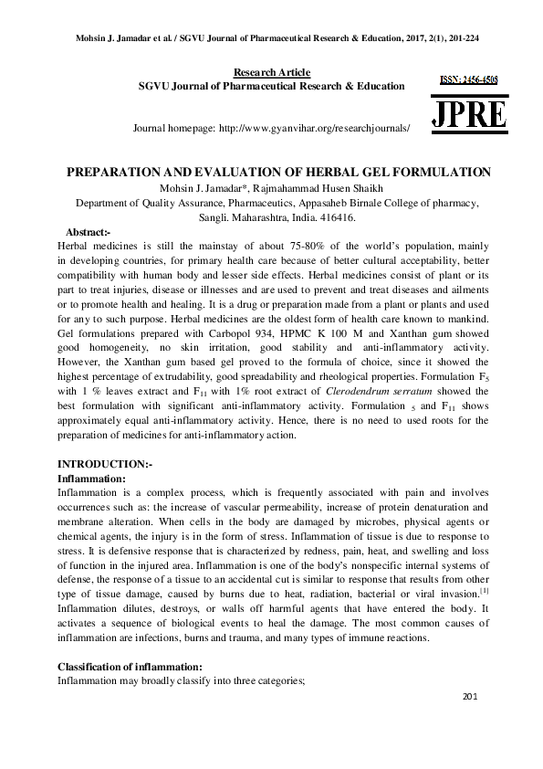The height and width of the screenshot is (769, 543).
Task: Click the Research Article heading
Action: (x=272, y=72)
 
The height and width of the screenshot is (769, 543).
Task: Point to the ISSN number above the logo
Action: (x=469, y=80)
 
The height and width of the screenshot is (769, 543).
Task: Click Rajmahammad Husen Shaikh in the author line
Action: (x=308, y=189)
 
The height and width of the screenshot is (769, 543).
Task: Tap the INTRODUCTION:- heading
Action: (x=105, y=465)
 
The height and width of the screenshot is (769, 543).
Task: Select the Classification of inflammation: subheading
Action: (x=129, y=667)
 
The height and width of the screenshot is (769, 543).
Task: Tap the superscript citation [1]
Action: (x=485, y=592)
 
